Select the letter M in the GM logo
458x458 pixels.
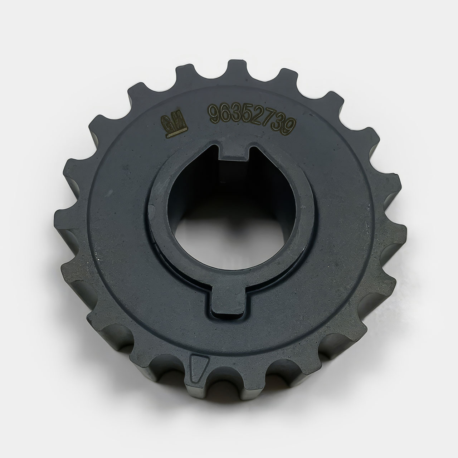coord(180,121)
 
